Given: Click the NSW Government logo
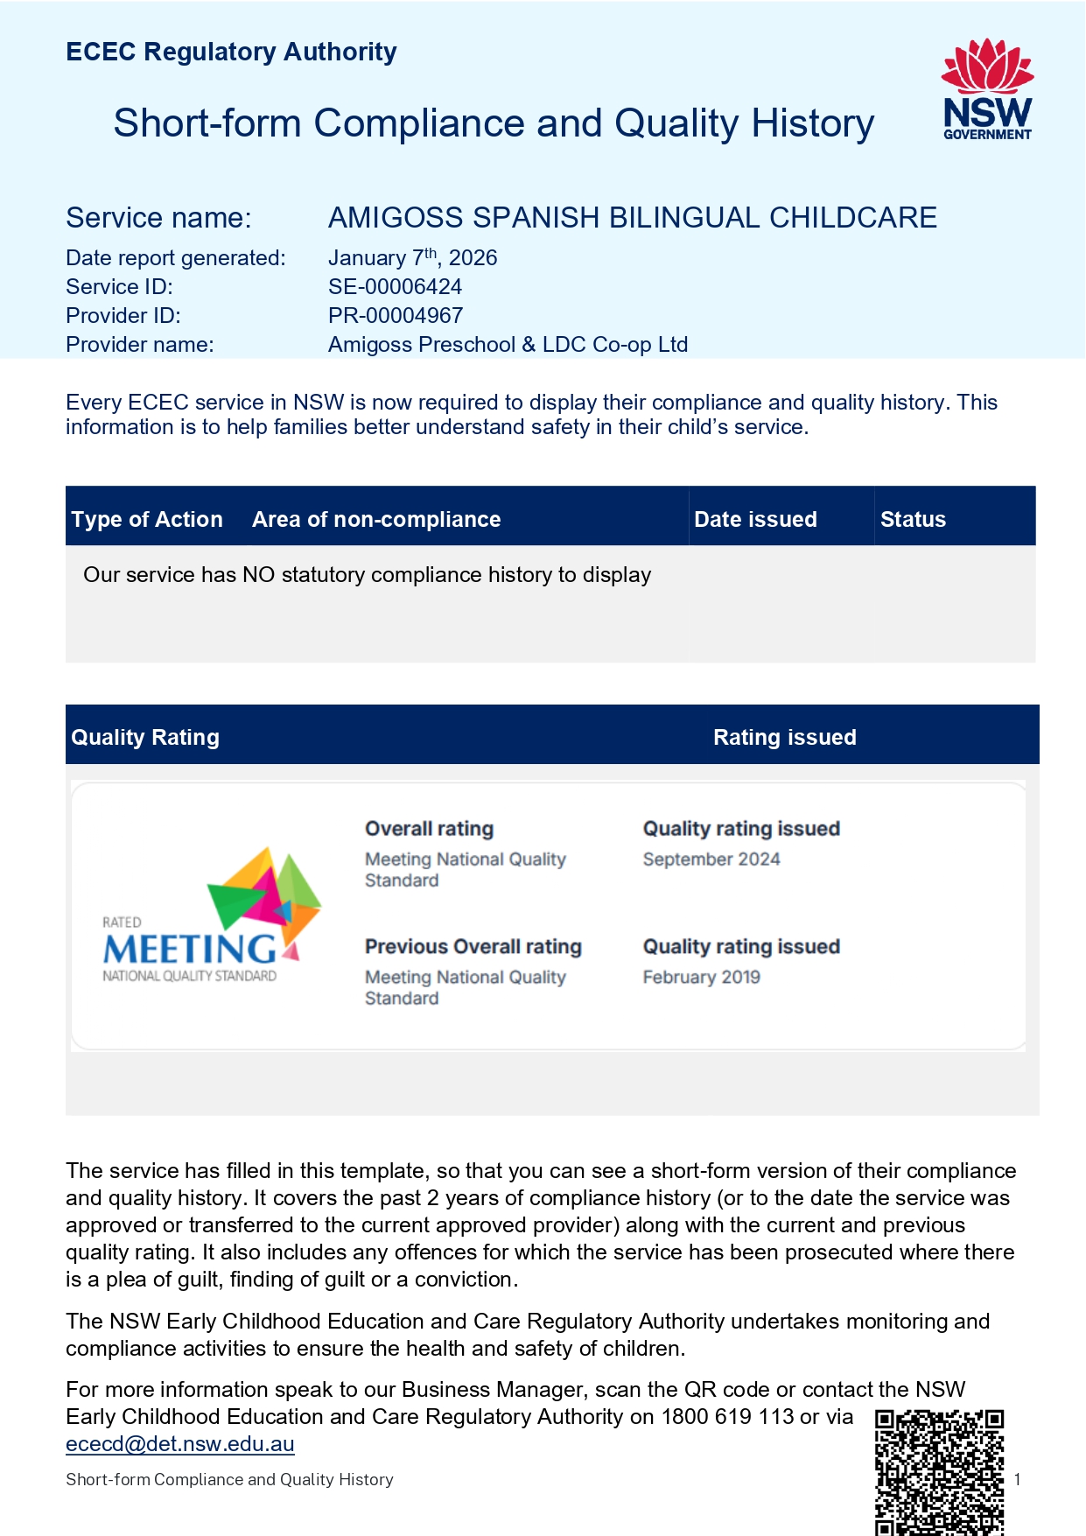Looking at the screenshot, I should (x=987, y=89).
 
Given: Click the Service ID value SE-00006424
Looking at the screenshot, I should (x=395, y=287).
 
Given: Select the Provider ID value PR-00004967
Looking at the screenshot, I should (x=396, y=316).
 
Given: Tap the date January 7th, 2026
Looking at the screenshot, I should (x=412, y=258).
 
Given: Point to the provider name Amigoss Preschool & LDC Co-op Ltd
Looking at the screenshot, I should (x=508, y=345).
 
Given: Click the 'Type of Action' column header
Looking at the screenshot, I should (x=147, y=520).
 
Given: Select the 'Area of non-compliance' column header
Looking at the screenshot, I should (x=376, y=520).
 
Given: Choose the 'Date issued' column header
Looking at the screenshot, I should (x=755, y=520).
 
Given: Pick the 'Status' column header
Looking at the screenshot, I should (x=913, y=520).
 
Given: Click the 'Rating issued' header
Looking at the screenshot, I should (x=784, y=738).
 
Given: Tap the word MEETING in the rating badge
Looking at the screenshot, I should (x=190, y=950).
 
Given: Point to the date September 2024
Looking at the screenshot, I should (x=711, y=859).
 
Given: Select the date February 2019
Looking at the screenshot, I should (x=702, y=978).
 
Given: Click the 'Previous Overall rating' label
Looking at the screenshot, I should (x=473, y=947).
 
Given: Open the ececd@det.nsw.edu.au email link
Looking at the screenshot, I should (x=180, y=1444).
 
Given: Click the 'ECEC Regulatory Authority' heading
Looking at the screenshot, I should (x=231, y=53).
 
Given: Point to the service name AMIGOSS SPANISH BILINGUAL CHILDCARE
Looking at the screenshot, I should (x=632, y=218).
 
